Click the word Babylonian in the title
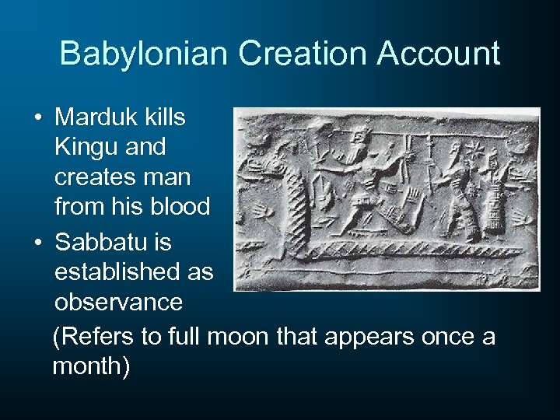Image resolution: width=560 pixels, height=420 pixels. click(x=143, y=54)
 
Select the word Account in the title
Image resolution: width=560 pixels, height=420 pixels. click(x=438, y=54)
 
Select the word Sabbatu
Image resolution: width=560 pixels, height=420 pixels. click(x=103, y=243)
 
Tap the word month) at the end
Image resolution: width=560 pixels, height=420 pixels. click(x=91, y=366)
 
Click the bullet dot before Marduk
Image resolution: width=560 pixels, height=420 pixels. click(x=37, y=118)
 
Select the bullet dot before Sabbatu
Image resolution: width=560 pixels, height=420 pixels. click(x=37, y=243)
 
